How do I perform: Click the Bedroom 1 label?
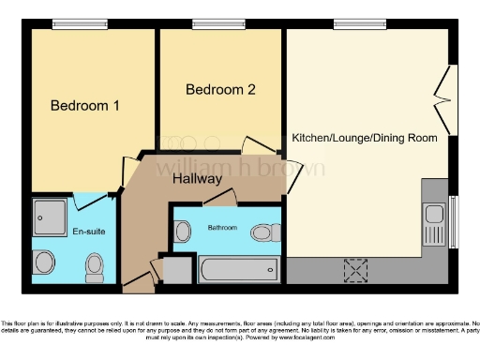click(84, 106)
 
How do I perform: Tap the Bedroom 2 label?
click(220, 90)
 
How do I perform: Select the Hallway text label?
click(196, 178)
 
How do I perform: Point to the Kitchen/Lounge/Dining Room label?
click(365, 138)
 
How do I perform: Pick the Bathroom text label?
click(222, 228)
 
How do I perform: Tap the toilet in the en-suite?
click(94, 268)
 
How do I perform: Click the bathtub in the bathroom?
click(239, 270)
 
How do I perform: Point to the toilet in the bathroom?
click(264, 231)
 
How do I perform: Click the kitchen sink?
click(433, 225)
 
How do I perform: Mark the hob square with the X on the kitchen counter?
click(355, 270)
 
